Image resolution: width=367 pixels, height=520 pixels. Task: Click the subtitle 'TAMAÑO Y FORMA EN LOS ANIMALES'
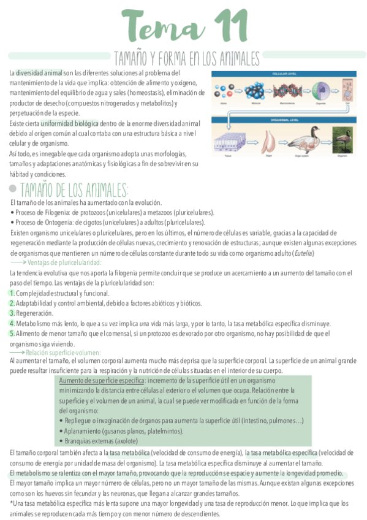[x=187, y=59]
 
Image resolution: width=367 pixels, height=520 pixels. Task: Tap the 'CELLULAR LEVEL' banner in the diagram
[x=282, y=73]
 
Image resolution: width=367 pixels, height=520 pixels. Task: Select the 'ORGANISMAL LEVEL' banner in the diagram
[x=282, y=121]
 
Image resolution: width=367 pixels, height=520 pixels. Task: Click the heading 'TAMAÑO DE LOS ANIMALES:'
[x=74, y=189]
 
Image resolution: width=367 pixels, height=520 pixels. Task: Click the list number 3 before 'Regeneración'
[x=12, y=313]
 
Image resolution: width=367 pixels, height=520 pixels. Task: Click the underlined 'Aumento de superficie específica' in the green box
[x=101, y=380]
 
